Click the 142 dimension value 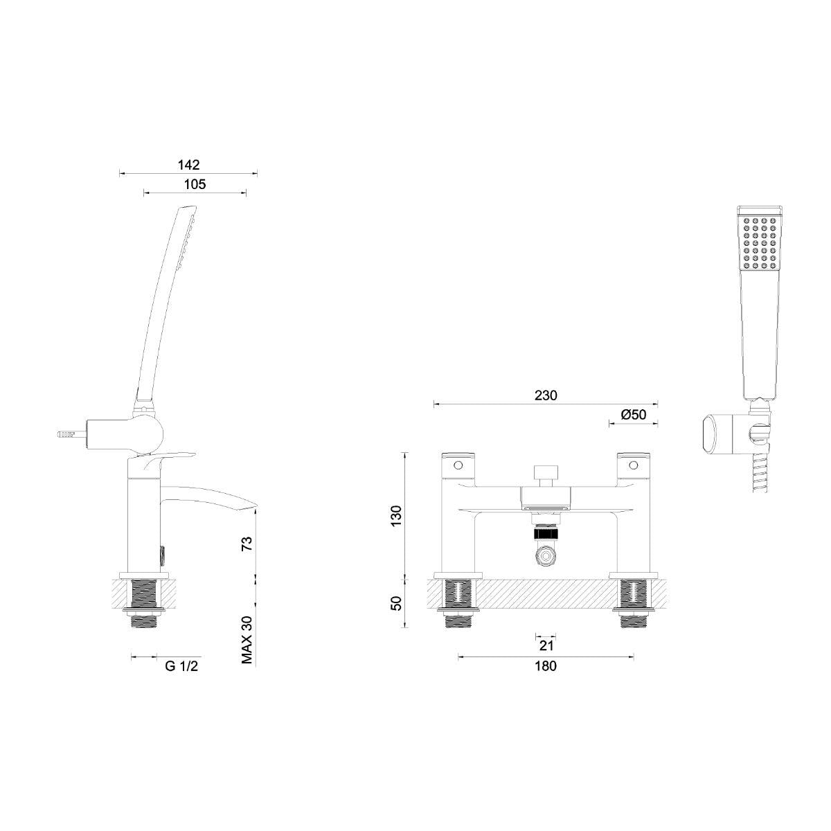click(x=188, y=165)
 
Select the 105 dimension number click(x=195, y=184)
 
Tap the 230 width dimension click(x=545, y=395)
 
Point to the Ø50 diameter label click(x=634, y=415)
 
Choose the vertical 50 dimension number click(x=395, y=603)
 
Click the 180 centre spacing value click(x=545, y=666)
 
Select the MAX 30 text click(x=247, y=641)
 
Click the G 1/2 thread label click(x=182, y=667)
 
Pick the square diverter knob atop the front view click(x=545, y=476)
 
